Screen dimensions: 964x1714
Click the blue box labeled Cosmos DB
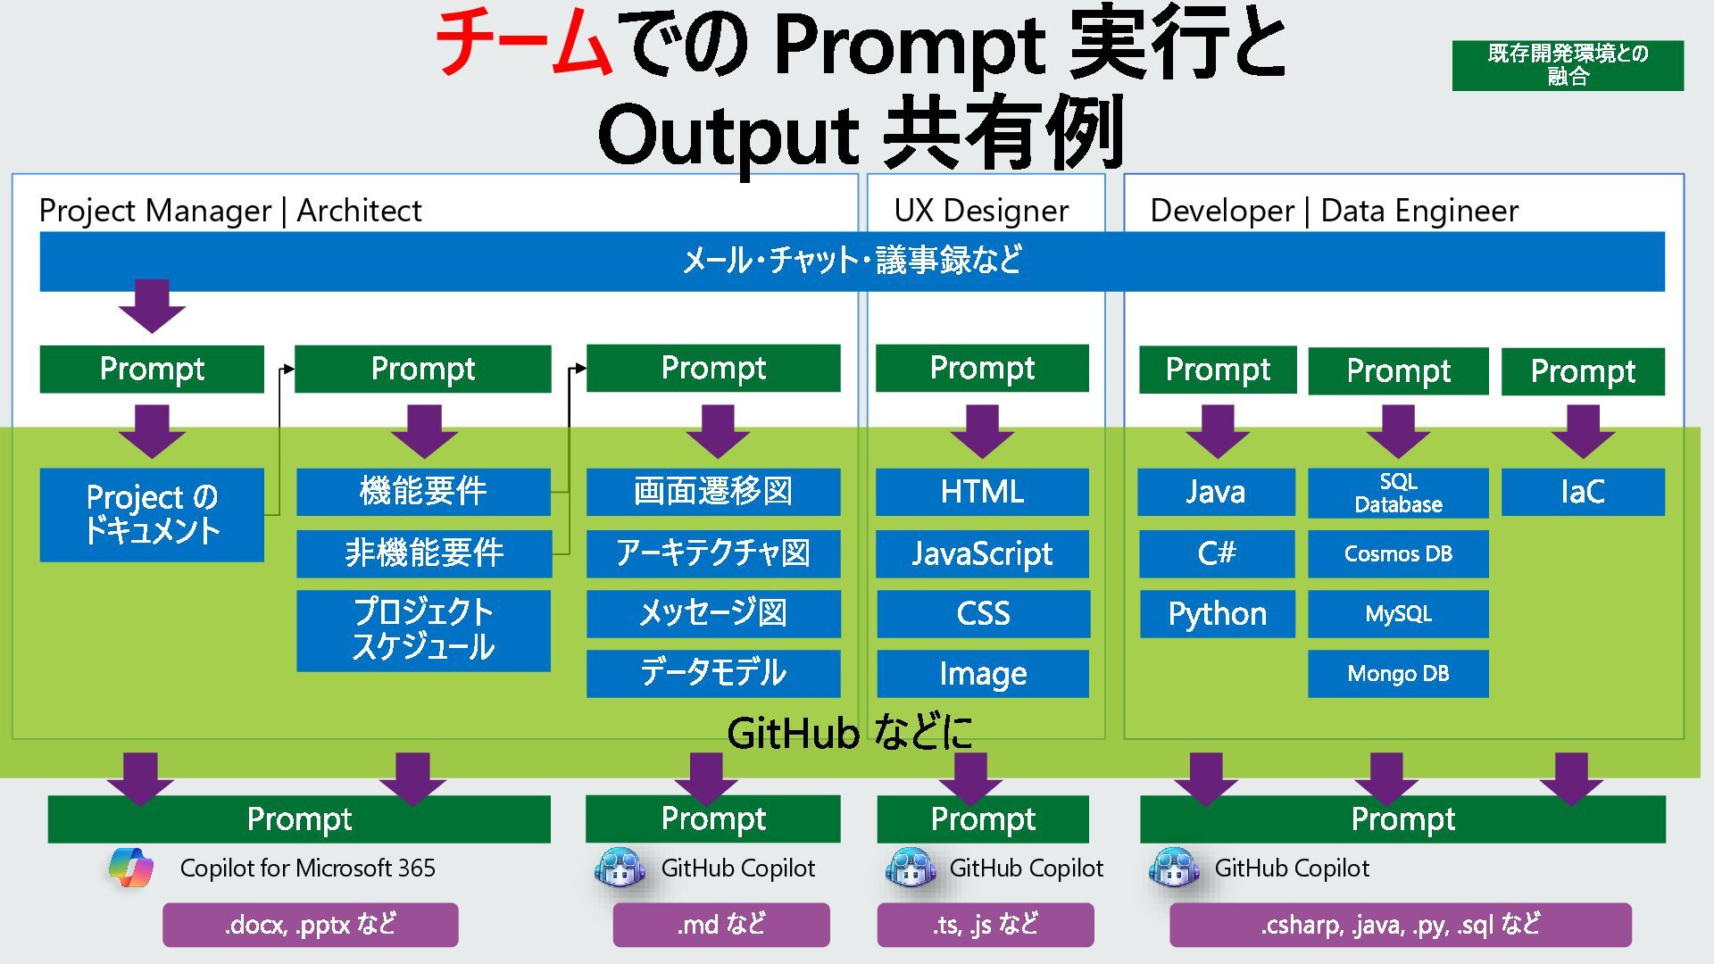[1398, 553]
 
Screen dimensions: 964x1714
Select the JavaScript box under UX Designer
[982, 553]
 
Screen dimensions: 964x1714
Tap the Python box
[1217, 613]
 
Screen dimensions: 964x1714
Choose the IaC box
[1582, 492]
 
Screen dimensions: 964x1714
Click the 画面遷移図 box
[712, 492]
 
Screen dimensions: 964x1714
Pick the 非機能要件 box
[423, 553]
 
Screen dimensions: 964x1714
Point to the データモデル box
[712, 673]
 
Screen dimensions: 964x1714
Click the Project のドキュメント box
[152, 514]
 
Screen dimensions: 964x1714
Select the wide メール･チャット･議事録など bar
[852, 261]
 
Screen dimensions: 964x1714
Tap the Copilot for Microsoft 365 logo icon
[130, 867]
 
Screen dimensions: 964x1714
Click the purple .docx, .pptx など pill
[310, 925]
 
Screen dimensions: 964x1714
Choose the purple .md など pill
[720, 925]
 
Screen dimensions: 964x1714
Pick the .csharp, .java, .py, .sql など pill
[1400, 925]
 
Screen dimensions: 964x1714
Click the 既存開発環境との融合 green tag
[1568, 65]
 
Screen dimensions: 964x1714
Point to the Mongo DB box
[1398, 673]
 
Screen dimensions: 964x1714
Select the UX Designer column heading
[981, 211]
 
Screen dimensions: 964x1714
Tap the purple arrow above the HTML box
[982, 430]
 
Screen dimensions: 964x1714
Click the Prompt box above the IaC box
[1582, 371]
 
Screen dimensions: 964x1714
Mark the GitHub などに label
[849, 733]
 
